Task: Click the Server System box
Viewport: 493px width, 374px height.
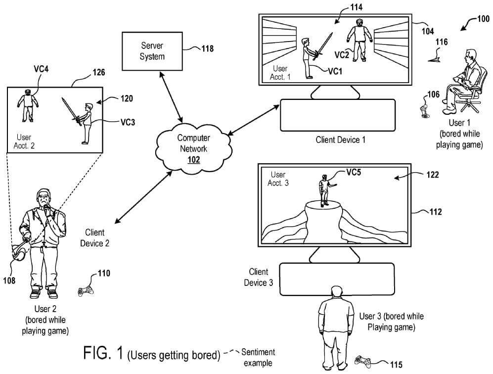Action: coord(152,51)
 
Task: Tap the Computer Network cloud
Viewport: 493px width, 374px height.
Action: coord(194,148)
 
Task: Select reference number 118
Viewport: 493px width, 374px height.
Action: coord(208,48)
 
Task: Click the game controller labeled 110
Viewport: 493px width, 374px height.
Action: coord(86,291)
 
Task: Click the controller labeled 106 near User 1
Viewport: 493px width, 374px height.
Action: coord(424,112)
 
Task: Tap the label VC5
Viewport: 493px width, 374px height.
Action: coord(354,172)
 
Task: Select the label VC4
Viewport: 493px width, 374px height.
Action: coord(41,69)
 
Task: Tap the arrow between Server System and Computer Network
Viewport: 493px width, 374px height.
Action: coord(171,97)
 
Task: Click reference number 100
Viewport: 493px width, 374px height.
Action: coord(483,19)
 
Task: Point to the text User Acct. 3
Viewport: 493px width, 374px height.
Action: coord(278,179)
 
